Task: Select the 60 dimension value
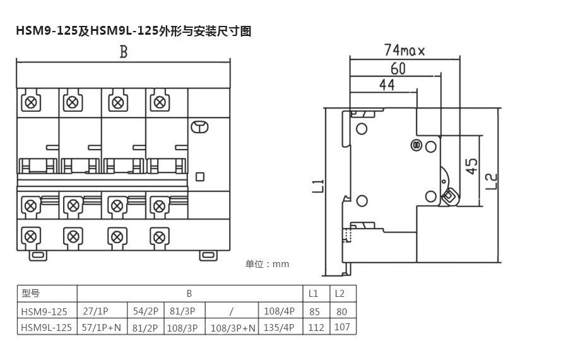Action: pyautogui.click(x=398, y=68)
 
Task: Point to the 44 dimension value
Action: pyautogui.click(x=387, y=84)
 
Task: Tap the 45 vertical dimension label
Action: pyautogui.click(x=471, y=167)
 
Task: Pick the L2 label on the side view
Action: pyautogui.click(x=492, y=181)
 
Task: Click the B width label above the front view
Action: pyautogui.click(x=124, y=52)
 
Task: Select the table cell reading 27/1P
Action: pyautogui.click(x=96, y=311)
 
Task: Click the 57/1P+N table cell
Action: pyautogui.click(x=101, y=328)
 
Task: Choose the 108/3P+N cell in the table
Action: pyautogui.click(x=232, y=328)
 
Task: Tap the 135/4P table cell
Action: pyautogui.click(x=280, y=328)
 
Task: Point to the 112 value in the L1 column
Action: pyautogui.click(x=316, y=327)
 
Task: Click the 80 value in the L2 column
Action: pyautogui.click(x=342, y=311)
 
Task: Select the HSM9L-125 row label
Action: pyautogui.click(x=46, y=327)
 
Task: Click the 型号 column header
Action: pyautogui.click(x=30, y=294)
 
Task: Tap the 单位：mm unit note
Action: pyautogui.click(x=267, y=264)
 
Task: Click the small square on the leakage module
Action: pyautogui.click(x=200, y=177)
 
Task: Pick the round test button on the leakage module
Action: pyautogui.click(x=199, y=128)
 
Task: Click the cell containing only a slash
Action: pyautogui.click(x=232, y=311)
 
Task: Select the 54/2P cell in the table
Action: pyautogui.click(x=146, y=311)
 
